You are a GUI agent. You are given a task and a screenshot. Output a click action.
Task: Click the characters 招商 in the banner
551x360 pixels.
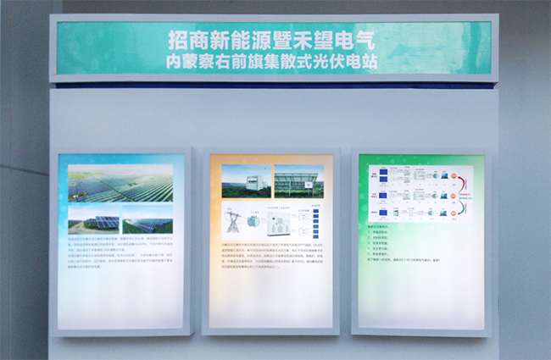[186, 41]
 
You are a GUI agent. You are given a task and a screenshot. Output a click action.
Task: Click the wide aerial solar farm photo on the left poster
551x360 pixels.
[121, 182]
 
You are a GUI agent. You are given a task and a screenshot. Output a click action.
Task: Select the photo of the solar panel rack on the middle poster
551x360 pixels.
[298, 181]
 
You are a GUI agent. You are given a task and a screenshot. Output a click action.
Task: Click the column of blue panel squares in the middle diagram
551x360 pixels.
[315, 221]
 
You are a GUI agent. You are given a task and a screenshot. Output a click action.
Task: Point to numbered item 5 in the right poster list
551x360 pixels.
[390, 254]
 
